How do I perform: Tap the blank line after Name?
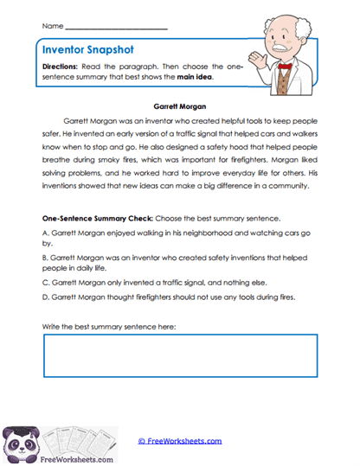point(116,29)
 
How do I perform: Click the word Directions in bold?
point(62,66)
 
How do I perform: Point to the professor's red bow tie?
point(284,66)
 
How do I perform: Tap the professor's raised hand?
point(255,58)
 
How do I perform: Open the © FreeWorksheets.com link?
point(180,440)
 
